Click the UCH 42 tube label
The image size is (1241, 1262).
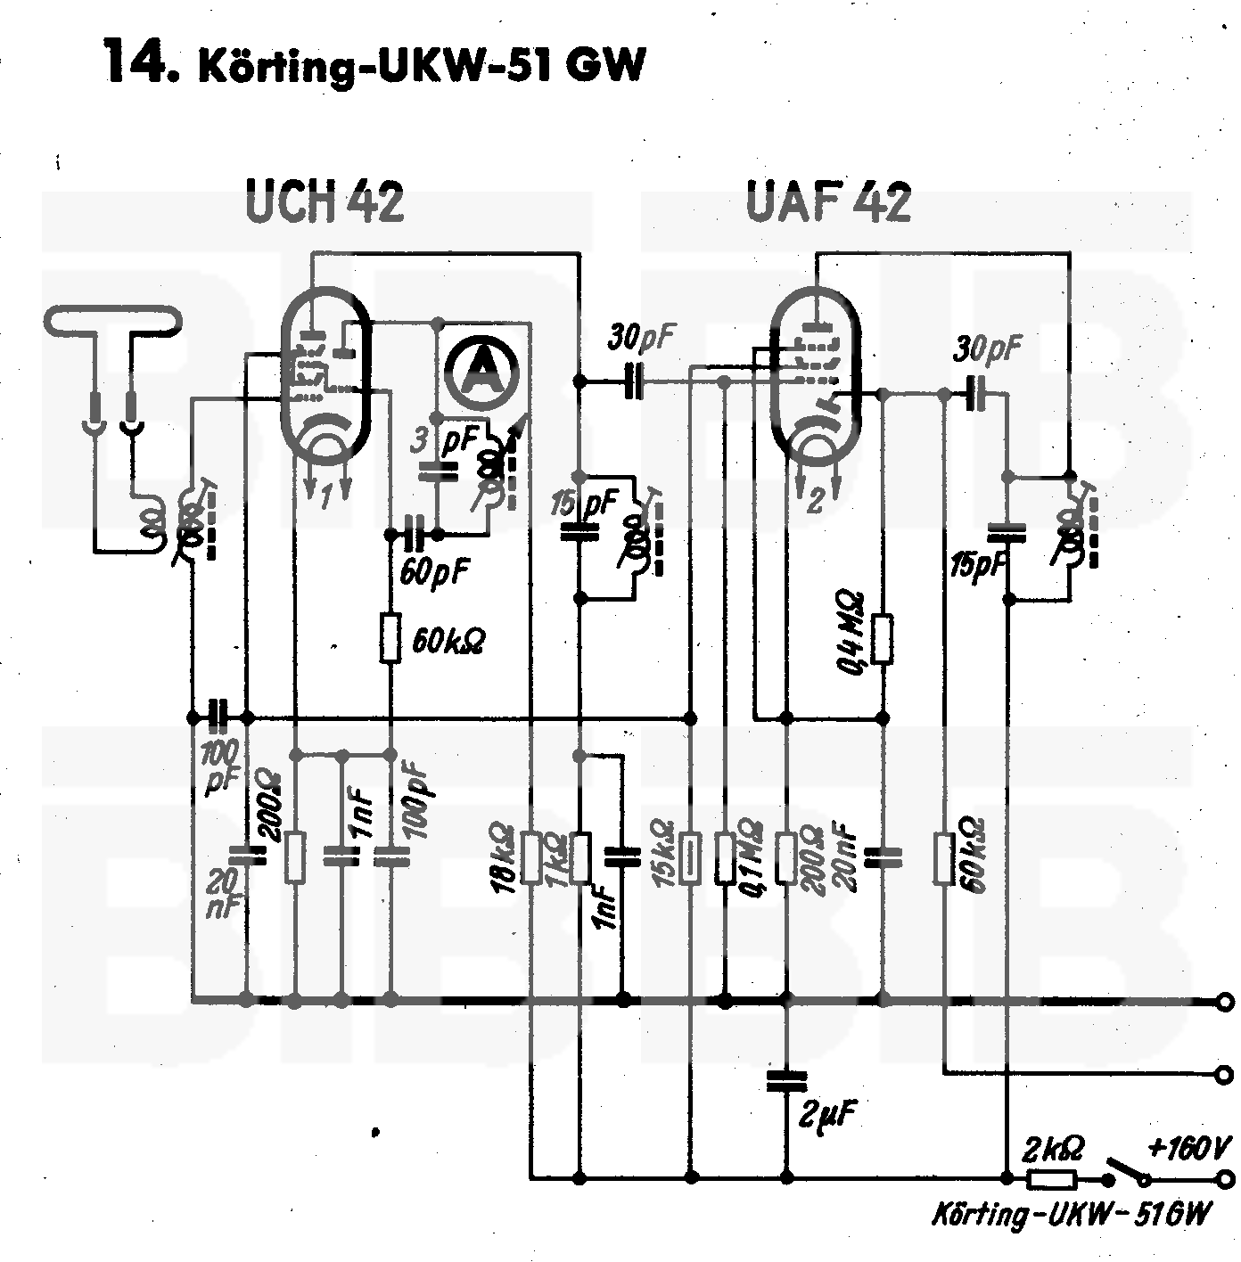click(325, 202)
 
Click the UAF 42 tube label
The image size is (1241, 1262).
click(828, 202)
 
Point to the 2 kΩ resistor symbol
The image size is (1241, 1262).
click(1051, 1179)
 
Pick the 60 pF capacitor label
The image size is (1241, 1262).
click(434, 571)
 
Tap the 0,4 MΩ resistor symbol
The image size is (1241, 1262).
click(883, 638)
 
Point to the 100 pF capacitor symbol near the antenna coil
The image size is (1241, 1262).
click(218, 716)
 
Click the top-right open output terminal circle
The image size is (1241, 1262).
click(1228, 1001)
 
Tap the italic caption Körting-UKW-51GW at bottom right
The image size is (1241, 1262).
click(1070, 1214)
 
